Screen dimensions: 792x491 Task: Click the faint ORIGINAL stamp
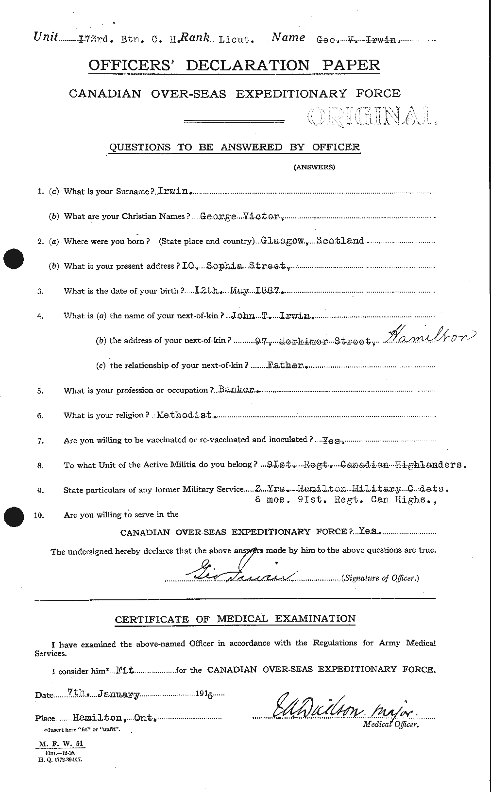(x=372, y=117)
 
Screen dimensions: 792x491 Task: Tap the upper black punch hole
(x=14, y=259)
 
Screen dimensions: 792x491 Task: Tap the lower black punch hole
(x=14, y=516)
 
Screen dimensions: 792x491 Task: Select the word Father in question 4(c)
(x=286, y=365)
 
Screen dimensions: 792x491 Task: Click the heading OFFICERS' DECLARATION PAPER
(x=234, y=66)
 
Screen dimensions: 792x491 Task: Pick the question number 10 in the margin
(x=39, y=515)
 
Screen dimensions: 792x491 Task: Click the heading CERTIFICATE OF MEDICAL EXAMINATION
(x=235, y=619)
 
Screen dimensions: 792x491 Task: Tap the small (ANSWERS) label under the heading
(x=314, y=167)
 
